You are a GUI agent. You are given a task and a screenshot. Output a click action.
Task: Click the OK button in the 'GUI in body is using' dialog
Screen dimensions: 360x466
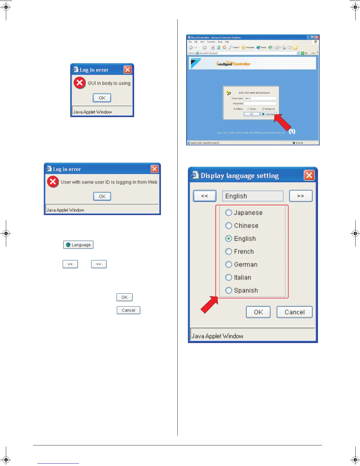coord(102,98)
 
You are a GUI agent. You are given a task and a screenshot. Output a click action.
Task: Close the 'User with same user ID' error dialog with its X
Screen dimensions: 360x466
coord(154,169)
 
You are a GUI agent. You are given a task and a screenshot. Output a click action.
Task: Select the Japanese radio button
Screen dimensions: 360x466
coord(229,213)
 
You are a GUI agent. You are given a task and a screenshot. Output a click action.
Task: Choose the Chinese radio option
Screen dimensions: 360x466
coord(229,226)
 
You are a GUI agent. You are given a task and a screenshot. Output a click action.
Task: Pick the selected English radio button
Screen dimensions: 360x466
coord(229,239)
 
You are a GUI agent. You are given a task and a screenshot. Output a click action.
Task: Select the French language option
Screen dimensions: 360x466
coord(229,252)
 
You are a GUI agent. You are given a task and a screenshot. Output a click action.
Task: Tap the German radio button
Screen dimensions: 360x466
coord(229,264)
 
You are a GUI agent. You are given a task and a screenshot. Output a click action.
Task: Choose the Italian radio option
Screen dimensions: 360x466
coord(229,277)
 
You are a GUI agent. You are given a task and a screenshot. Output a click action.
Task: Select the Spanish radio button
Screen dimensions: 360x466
coord(229,290)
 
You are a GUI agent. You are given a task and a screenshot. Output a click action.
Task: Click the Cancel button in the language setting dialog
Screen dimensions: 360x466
coord(294,312)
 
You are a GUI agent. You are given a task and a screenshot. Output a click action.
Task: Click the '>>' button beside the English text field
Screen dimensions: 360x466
coord(301,196)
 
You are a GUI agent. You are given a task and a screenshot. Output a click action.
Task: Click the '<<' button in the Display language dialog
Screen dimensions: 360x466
coord(204,196)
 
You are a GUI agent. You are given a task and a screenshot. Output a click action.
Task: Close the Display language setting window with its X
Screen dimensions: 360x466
coord(309,176)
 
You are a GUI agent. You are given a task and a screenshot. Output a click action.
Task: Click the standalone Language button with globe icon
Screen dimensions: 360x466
coord(78,245)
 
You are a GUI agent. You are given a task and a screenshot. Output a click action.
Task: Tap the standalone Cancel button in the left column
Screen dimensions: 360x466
coord(128,310)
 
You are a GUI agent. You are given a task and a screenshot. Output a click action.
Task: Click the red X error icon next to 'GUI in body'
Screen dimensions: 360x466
coord(79,83)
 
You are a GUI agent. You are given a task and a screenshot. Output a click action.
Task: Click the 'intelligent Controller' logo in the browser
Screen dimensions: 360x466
coord(233,64)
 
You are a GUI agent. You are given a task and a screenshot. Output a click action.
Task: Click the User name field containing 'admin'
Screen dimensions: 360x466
coord(260,99)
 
